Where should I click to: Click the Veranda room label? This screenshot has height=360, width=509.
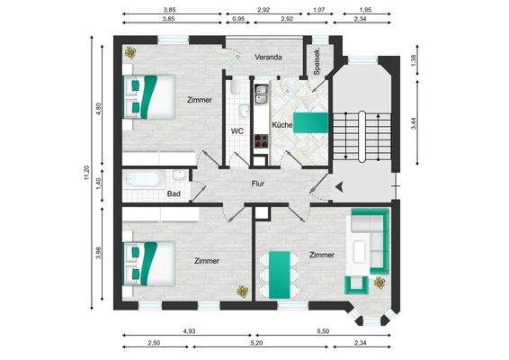pos(268,57)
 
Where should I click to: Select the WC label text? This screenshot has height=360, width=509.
pos(237,130)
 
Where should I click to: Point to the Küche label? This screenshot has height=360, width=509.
pos(281,125)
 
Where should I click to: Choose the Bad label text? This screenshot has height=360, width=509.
pos(174,193)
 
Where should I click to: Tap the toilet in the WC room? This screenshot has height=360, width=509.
pos(232,92)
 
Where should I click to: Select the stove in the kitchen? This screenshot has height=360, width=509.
pos(262,140)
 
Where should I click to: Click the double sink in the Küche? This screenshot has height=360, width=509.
pos(262,94)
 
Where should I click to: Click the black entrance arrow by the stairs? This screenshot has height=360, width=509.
pos(339,187)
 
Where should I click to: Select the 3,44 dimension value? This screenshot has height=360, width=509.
pos(413,125)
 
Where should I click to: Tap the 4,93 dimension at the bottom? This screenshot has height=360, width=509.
pos(190,332)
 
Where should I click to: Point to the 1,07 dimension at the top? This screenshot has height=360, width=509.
pos(317,9)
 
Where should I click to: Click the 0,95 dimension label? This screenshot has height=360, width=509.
pos(238,19)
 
